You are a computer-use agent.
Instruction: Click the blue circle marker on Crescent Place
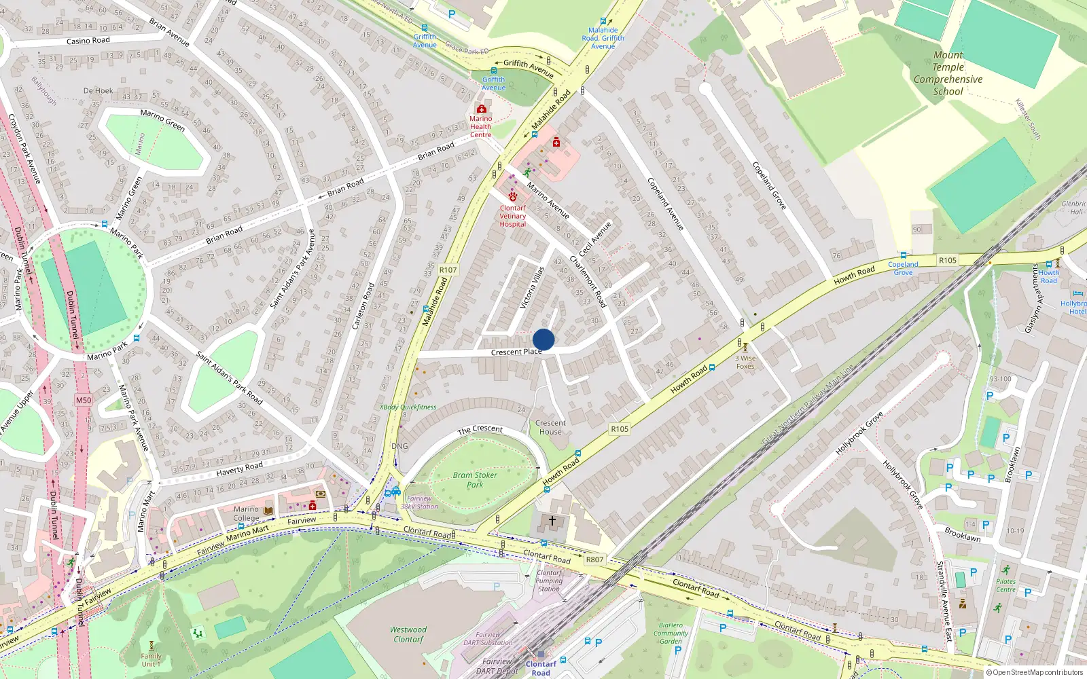(543, 339)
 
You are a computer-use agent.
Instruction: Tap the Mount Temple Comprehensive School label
(948, 73)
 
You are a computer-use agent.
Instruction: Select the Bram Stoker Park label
(475, 480)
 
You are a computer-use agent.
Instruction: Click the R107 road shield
(448, 270)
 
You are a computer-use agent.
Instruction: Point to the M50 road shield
(84, 400)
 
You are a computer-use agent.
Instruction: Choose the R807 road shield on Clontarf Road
(594, 559)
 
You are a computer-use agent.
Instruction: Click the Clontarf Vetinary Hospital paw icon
(513, 196)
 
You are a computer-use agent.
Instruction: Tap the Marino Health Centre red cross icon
(481, 109)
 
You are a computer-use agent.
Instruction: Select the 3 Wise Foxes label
(745, 362)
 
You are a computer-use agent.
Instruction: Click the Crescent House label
(550, 427)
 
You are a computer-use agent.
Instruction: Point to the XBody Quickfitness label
(408, 407)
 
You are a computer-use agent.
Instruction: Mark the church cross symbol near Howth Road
(552, 521)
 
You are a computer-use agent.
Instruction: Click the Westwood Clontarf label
(408, 634)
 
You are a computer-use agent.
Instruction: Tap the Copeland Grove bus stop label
(903, 268)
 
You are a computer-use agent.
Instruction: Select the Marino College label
(246, 513)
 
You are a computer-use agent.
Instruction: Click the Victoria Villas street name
(532, 288)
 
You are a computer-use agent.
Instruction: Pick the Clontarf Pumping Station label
(549, 581)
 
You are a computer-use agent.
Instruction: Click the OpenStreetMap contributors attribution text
(1035, 672)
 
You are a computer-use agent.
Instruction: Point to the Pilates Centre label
(1005, 585)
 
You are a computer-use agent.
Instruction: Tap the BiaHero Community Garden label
(671, 633)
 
